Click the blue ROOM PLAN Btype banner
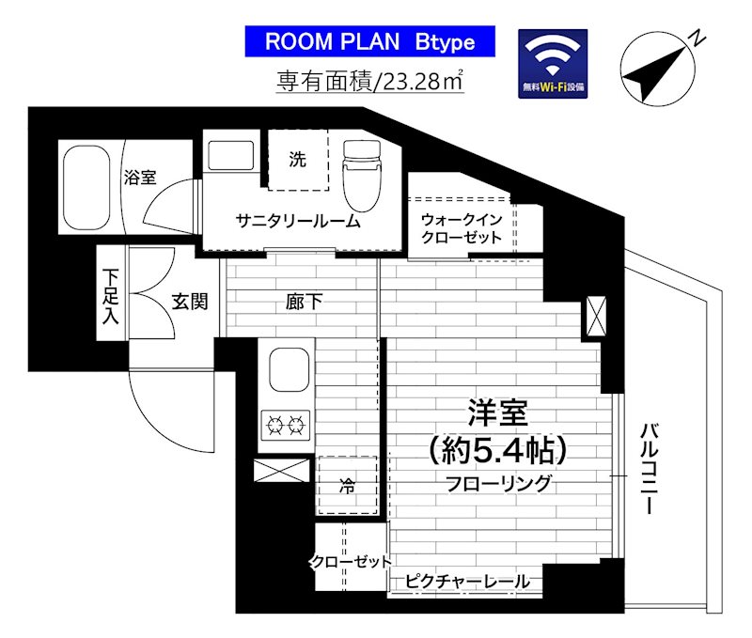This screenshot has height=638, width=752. (x=369, y=41)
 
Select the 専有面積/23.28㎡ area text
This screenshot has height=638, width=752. (x=369, y=82)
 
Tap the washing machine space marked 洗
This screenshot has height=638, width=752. (x=298, y=160)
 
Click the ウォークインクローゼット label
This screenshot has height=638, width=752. (x=462, y=228)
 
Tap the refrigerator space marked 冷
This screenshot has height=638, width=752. (x=347, y=486)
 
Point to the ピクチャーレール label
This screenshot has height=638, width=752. (x=467, y=582)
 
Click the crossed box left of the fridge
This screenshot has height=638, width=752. (x=282, y=473)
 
